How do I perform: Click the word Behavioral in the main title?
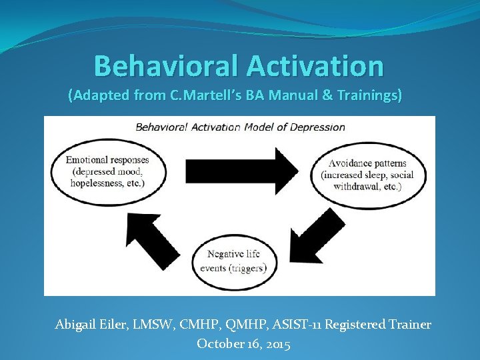pyautogui.click(x=167, y=66)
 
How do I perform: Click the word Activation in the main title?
pyautogui.click(x=315, y=66)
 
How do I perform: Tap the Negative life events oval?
pyautogui.click(x=235, y=261)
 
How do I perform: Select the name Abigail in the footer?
pyautogui.click(x=75, y=325)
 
